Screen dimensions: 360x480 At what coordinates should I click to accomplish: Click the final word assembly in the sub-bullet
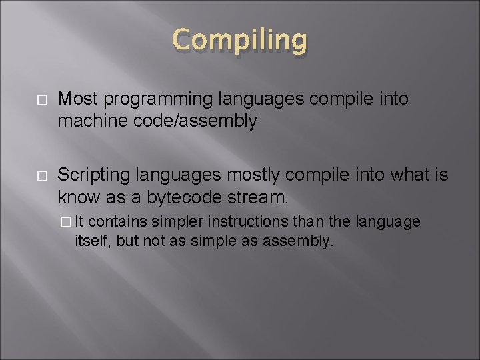pyautogui.click(x=303, y=241)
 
